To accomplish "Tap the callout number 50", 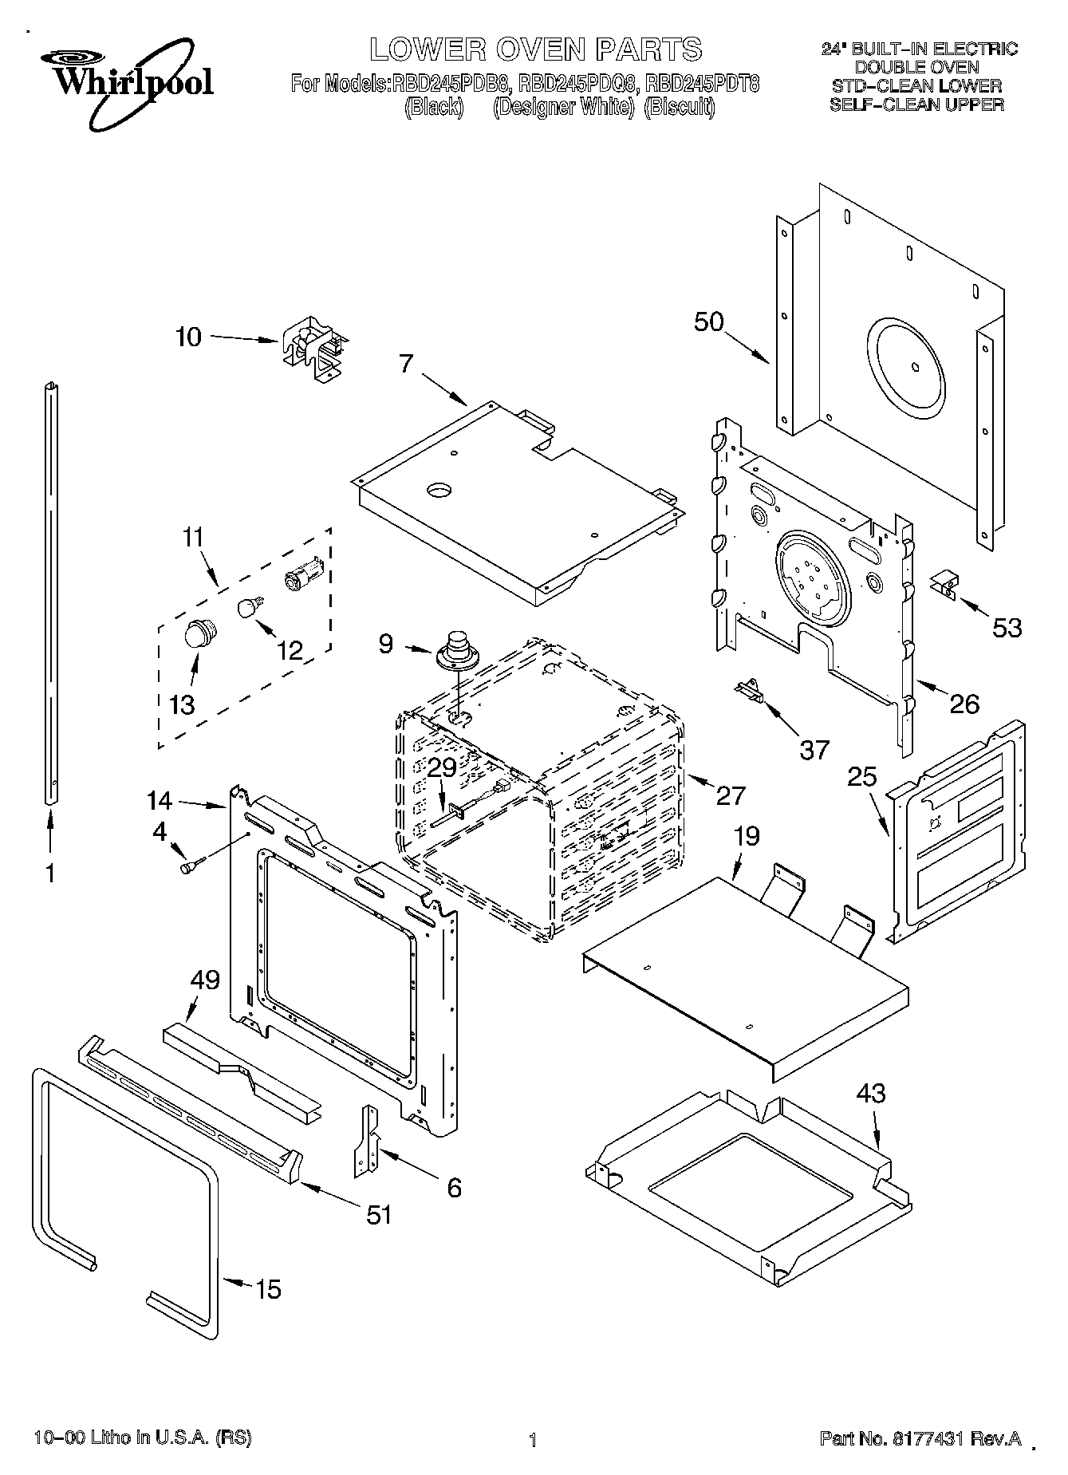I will pos(708,321).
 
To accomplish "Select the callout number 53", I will pos(1007,628).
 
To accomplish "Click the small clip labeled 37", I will pos(750,688).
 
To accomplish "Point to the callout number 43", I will pos(870,1092).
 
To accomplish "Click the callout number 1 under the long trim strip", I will pos(49,874).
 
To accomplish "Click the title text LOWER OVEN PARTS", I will pos(535,49).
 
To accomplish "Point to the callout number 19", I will pos(746,836).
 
